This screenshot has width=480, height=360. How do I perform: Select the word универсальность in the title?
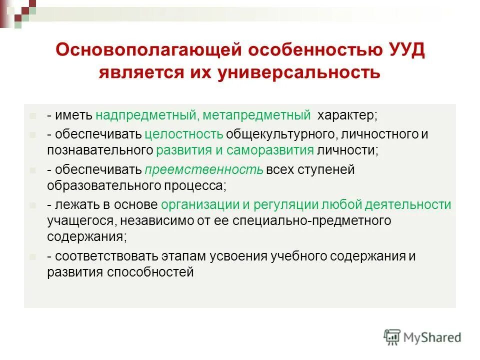299,73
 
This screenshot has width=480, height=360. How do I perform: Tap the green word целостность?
184,134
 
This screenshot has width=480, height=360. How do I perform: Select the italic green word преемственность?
204,170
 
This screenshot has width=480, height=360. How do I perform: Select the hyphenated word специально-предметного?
306,220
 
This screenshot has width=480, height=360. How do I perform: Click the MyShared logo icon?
392,337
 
